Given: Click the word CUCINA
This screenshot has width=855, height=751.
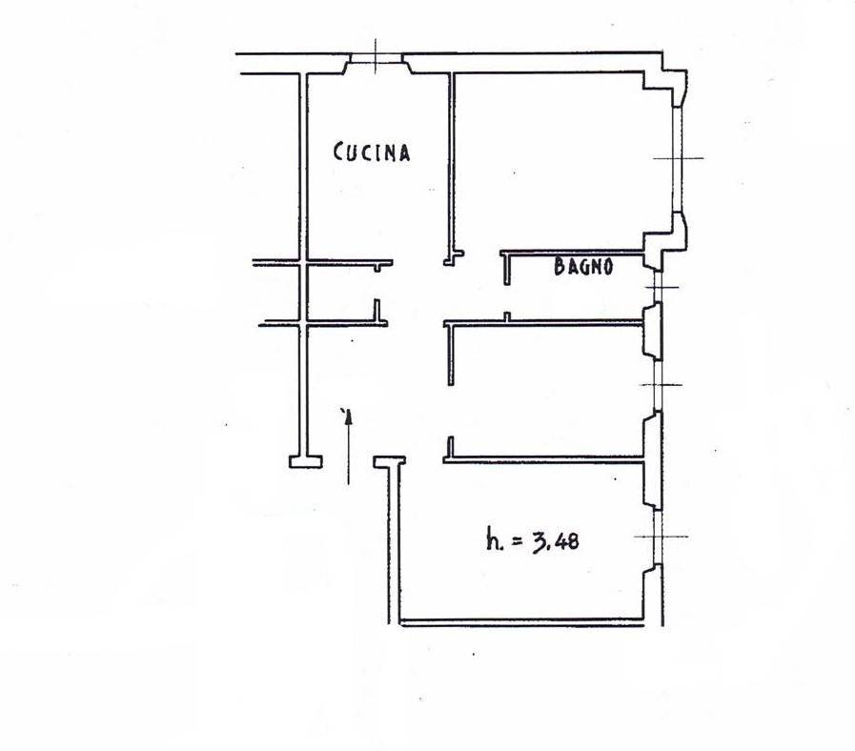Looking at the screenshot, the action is point(372,152).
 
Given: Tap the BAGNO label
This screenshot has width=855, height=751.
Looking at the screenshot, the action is point(583,266).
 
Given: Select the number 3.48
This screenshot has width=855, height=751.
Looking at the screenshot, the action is point(555,541).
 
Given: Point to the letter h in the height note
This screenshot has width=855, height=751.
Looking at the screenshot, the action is point(493,540).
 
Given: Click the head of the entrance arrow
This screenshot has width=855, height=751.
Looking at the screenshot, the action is point(349,416).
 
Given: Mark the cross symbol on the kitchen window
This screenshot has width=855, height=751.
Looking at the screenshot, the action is point(376,56).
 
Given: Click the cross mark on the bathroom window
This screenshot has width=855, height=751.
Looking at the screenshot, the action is point(661,287).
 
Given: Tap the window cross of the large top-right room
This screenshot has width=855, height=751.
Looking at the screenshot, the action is point(678,158).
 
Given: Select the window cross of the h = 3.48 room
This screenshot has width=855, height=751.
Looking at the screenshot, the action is point(660,537).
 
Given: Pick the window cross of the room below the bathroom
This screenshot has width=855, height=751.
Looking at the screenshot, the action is point(660,385).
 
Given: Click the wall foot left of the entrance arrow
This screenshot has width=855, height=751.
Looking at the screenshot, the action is point(305,462).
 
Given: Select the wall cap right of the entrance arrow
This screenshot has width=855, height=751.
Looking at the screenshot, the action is point(389,461).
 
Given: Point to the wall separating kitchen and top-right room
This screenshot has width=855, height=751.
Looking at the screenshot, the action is point(452,164).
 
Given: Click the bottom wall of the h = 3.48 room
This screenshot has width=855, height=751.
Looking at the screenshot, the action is point(521,622).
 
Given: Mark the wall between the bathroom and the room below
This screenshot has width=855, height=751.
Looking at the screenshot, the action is point(543,323).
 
